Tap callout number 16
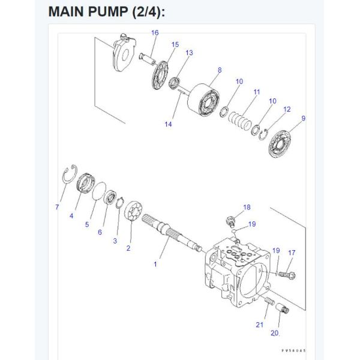coord(155,32)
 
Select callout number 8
coord(220,70)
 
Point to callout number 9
coord(303,118)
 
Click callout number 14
coord(169,124)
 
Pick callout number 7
coord(58,207)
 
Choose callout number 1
coord(155,263)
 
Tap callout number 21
coord(260,325)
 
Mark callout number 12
coord(287,109)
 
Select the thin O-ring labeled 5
coord(95,193)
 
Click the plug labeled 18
coord(230,218)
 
